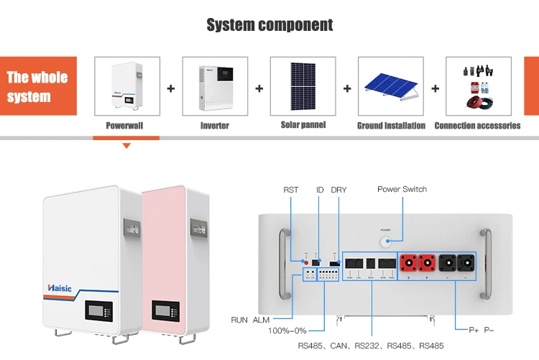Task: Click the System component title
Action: coord(269,25)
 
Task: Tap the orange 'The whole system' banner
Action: coord(38,86)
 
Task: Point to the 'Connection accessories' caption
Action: coord(477,126)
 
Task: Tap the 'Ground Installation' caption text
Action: coord(391,126)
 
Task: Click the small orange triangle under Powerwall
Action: coord(126,145)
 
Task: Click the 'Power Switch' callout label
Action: coord(402,189)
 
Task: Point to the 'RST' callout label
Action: coord(290,190)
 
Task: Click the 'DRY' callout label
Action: coord(338,190)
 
